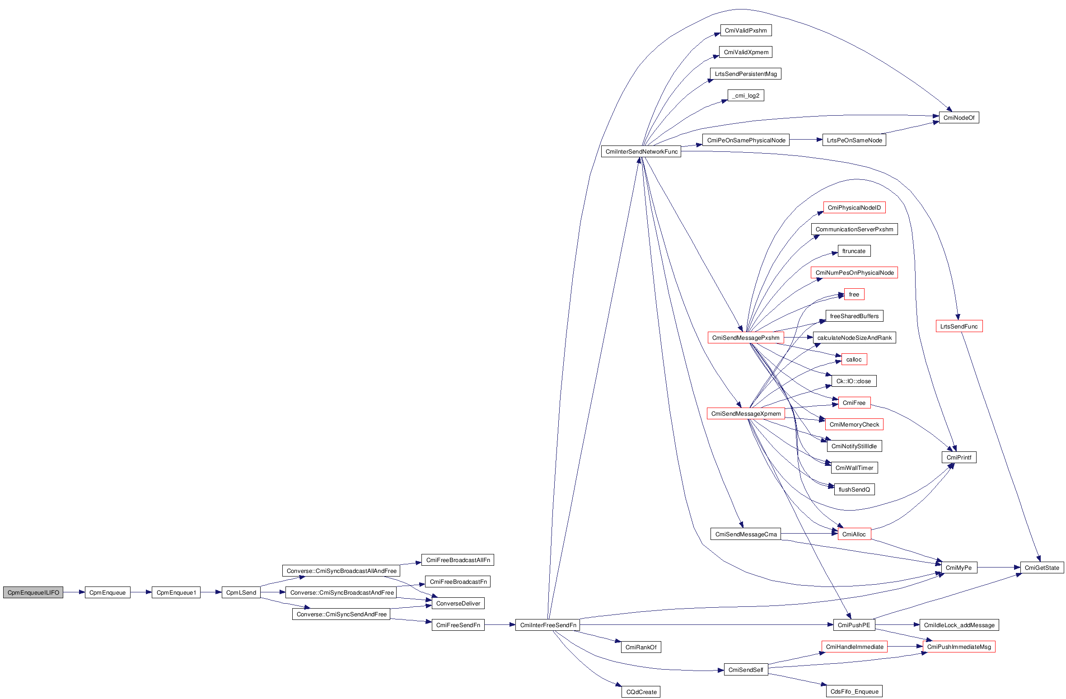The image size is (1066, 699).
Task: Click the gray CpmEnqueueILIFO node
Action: (33, 592)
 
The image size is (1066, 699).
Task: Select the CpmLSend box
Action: (241, 592)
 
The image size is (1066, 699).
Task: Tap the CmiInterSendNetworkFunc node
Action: (641, 151)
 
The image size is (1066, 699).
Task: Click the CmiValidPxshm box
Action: (746, 30)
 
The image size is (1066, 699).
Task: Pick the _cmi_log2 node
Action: (746, 95)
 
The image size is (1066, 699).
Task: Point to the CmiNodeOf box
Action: (958, 117)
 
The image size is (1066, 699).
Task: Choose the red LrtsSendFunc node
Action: (958, 326)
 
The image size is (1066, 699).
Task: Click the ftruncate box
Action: (854, 251)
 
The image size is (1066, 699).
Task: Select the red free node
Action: (854, 294)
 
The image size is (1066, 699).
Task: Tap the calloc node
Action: (854, 359)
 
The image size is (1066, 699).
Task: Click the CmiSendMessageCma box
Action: (746, 534)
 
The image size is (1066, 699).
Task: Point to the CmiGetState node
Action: (1042, 568)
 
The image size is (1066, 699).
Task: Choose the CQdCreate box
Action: (641, 692)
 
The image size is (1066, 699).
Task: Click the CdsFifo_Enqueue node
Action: (854, 691)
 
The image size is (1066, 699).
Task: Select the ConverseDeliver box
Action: (458, 603)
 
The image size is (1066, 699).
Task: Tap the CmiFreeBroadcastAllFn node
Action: (458, 560)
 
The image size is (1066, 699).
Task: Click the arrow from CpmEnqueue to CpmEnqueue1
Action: (141, 592)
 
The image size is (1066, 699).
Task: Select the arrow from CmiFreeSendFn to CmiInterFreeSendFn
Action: (500, 625)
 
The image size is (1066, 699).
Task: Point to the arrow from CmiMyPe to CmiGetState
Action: (999, 567)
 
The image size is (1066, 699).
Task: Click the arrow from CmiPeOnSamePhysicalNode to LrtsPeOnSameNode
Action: (806, 140)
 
